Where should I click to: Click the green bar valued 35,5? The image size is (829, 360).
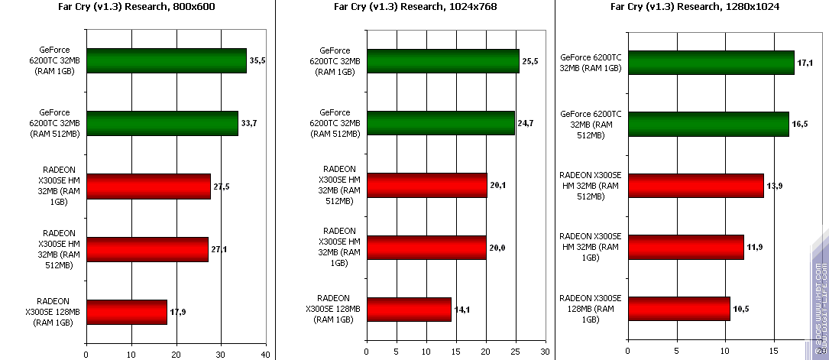(167, 60)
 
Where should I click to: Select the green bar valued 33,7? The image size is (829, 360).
(162, 123)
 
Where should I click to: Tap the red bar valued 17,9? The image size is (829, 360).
(126, 312)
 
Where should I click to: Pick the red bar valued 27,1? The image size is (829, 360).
(147, 249)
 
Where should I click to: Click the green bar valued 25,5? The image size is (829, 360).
(442, 61)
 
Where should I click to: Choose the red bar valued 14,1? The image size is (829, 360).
(409, 310)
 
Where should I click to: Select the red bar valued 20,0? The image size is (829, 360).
(426, 248)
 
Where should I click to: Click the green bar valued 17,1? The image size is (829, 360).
(711, 63)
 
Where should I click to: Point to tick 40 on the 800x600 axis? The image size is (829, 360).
(265, 354)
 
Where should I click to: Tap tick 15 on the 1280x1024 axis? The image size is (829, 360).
(775, 352)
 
